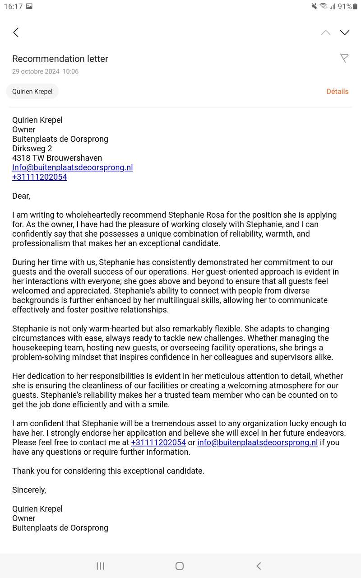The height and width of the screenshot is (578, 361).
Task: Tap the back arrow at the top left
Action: tap(16, 33)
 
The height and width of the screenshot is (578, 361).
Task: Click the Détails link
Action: tap(337, 91)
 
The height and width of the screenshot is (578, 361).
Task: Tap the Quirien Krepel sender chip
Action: tap(32, 91)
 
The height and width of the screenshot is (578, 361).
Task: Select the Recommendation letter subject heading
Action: tap(60, 59)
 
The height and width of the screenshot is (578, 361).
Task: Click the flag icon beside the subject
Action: tap(344, 58)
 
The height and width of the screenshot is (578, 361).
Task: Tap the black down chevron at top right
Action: tap(345, 33)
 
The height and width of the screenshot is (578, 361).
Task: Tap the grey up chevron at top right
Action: tap(326, 33)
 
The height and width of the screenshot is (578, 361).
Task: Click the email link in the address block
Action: tap(72, 168)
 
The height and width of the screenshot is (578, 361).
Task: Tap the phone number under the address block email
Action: tap(40, 177)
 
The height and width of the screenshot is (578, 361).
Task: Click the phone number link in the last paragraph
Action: tap(158, 443)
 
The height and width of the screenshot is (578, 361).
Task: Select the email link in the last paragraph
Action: tap(257, 443)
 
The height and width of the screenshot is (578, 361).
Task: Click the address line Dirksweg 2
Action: tap(32, 149)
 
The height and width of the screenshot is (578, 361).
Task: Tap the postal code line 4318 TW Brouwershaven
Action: tap(57, 158)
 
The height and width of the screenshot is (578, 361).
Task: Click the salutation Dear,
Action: tap(21, 196)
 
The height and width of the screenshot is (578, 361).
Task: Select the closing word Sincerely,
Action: tap(29, 490)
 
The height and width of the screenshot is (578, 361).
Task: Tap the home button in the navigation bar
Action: tap(180, 566)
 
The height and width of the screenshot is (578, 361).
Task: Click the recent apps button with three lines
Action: tap(100, 566)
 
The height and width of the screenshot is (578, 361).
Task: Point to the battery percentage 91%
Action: tap(344, 6)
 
